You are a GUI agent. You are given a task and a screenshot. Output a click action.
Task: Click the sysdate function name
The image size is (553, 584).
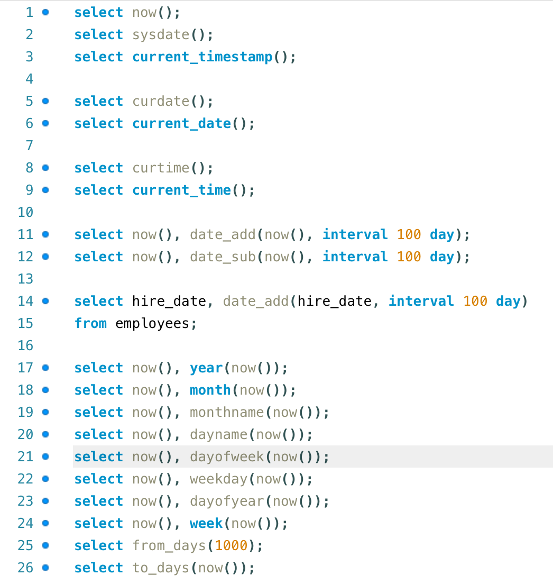pos(161,35)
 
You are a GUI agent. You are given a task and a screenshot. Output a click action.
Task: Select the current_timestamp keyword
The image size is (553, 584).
pos(202,57)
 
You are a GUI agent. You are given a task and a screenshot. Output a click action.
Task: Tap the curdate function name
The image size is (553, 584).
pos(161,102)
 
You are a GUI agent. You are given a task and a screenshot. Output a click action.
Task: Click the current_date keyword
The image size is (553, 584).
pos(181,124)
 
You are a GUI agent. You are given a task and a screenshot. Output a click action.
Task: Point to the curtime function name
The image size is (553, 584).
pos(161,168)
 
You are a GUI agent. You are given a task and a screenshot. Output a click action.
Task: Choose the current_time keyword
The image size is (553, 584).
pos(181,190)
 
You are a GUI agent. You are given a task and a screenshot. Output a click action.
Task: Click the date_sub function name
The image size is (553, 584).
pos(223,257)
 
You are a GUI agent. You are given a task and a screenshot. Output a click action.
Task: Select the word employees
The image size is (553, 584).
pos(152,324)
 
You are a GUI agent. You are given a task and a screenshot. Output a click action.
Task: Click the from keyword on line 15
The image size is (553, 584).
pos(90,324)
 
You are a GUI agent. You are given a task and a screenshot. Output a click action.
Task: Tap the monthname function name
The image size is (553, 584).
pos(227,413)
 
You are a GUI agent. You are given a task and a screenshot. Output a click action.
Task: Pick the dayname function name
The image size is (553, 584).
pos(218,435)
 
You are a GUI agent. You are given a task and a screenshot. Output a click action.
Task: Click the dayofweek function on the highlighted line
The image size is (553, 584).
pos(227,457)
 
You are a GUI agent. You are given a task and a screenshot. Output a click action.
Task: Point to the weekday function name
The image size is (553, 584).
pos(218,479)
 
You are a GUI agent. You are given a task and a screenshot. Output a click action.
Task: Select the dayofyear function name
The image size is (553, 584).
pos(227,501)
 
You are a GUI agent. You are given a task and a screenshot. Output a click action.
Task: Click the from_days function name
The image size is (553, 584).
pos(169,546)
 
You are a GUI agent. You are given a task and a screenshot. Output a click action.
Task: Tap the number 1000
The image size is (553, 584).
pos(231,546)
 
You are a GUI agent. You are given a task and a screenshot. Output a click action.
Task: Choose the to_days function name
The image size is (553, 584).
pos(161,568)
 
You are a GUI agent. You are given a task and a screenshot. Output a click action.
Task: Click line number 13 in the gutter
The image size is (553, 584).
pos(25,279)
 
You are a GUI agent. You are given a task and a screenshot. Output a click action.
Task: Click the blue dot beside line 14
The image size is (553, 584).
pos(45,301)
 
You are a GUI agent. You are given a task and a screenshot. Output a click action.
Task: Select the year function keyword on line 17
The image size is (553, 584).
pos(206,368)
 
